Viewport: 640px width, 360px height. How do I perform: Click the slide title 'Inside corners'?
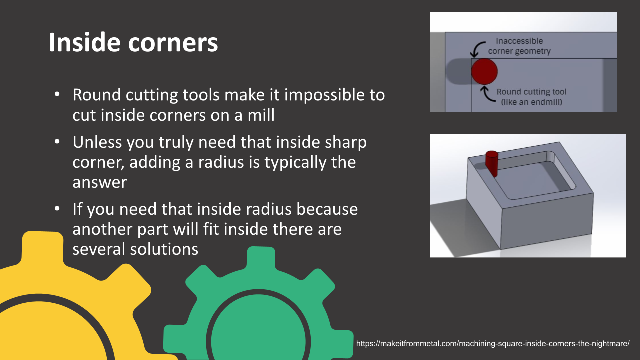[x=133, y=43]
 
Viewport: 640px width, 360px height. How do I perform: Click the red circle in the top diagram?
[x=484, y=71]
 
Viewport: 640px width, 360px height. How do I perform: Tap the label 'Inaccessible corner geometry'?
[x=519, y=46]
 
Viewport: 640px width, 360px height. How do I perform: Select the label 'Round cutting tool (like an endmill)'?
[x=531, y=97]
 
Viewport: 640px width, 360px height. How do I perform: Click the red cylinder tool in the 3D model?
[x=492, y=162]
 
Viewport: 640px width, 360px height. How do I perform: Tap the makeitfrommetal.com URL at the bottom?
[x=492, y=344]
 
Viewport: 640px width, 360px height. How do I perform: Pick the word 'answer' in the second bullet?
[x=100, y=182]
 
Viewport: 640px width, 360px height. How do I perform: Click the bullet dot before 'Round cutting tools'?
[x=58, y=94]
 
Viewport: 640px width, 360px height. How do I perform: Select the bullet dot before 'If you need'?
[x=58, y=208]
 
